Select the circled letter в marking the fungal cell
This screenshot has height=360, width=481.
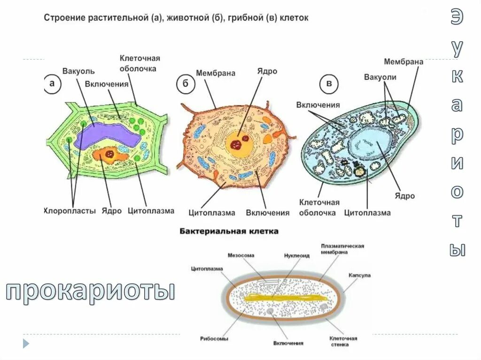pyautogui.click(x=330, y=84)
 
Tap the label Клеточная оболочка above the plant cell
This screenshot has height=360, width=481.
pyautogui.click(x=140, y=63)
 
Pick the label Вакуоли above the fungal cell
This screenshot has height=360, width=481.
pyautogui.click(x=380, y=77)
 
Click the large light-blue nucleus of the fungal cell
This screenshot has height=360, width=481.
pyautogui.click(x=374, y=143)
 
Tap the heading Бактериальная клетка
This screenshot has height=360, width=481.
pyautogui.click(x=229, y=231)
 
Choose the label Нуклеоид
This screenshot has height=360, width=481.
pyautogui.click(x=297, y=256)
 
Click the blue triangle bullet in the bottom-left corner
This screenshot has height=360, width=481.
pyautogui.click(x=26, y=343)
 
